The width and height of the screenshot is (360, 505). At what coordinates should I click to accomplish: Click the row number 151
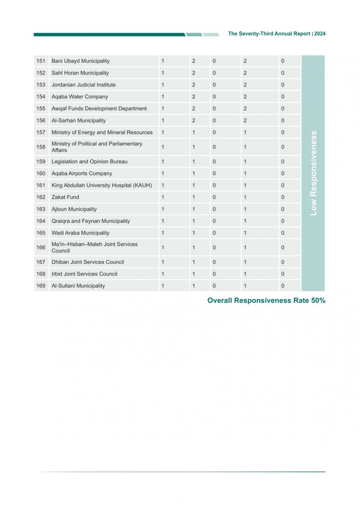coord(41,61)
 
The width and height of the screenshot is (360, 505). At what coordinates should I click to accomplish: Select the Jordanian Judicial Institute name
coord(83,85)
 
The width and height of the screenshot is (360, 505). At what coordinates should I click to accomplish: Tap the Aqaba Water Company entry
coord(80,97)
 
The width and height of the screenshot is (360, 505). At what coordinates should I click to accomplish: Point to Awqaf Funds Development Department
coord(99,108)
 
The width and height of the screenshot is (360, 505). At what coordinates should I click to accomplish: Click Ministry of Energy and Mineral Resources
coord(102,133)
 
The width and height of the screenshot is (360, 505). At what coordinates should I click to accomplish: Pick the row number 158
coord(41,147)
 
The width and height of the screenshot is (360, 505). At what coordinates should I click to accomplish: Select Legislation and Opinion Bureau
coord(89,161)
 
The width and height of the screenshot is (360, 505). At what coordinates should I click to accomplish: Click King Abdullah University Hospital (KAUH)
coord(102,185)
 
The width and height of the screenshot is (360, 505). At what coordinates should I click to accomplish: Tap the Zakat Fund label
coord(65,197)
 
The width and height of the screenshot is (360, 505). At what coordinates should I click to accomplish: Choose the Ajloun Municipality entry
coord(74,209)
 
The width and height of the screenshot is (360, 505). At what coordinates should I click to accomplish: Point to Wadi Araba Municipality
coord(80,233)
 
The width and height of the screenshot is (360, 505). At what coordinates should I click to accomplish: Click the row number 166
coord(41,247)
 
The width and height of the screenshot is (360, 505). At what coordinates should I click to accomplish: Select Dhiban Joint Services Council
coord(88,262)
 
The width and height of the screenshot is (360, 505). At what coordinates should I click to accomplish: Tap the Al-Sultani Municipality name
coord(78,286)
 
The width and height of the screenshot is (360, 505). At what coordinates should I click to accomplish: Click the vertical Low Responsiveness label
coord(313,173)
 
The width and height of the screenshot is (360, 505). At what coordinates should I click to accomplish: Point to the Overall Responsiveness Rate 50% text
coord(266,300)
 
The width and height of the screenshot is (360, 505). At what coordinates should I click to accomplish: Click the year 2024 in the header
coord(320,34)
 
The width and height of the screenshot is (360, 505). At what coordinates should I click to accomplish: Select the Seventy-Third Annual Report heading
coord(269,34)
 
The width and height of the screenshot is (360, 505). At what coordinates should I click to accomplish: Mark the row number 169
coord(41,286)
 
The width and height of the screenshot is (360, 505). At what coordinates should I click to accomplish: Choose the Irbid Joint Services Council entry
coord(84,274)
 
